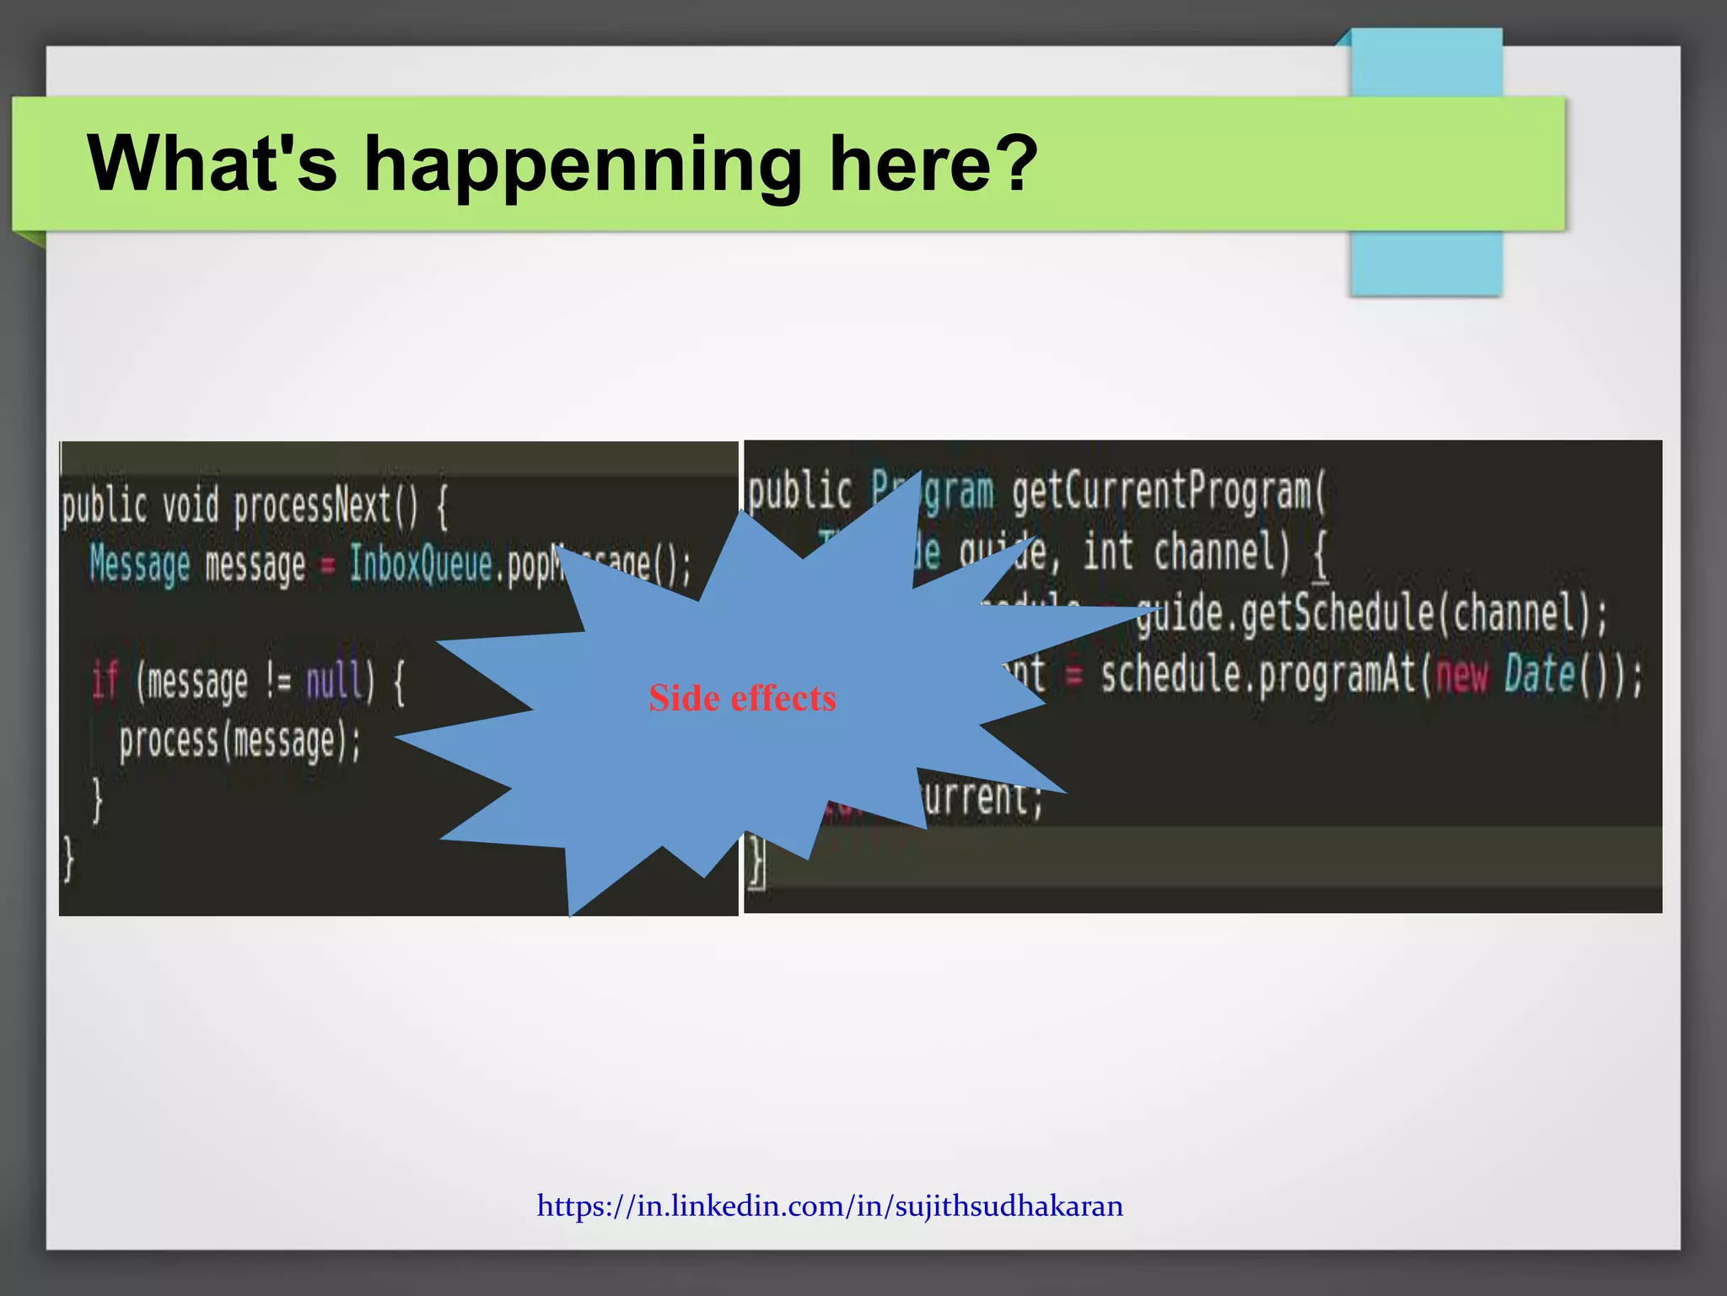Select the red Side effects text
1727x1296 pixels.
[742, 699]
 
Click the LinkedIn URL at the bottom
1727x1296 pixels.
[830, 1206]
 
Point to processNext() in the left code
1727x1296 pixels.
[325, 506]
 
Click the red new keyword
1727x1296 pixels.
[1461, 675]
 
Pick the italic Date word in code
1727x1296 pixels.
[1540, 675]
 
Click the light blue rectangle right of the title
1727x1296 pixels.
[1425, 262]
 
